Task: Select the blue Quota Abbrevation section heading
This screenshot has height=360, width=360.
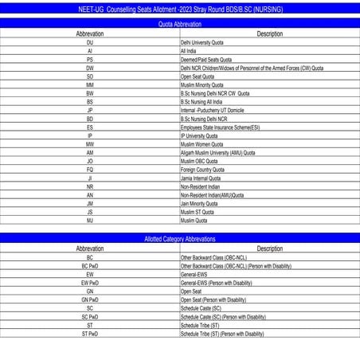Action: pyautogui.click(x=180, y=25)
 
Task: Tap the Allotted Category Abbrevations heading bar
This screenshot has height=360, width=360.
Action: pyautogui.click(x=180, y=239)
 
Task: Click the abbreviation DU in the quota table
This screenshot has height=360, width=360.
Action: pyautogui.click(x=90, y=42)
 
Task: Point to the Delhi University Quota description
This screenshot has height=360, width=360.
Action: pyautogui.click(x=202, y=42)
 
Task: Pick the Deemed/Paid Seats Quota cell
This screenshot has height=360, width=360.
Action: pyautogui.click(x=206, y=59)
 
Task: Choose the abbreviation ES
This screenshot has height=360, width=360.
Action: pyautogui.click(x=90, y=127)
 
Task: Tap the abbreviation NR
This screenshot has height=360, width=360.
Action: pyautogui.click(x=90, y=186)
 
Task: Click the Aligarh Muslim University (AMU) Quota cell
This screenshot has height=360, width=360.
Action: pyautogui.click(x=218, y=152)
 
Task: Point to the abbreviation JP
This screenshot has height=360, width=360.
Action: pyautogui.click(x=90, y=110)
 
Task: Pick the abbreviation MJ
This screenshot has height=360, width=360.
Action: pyautogui.click(x=90, y=221)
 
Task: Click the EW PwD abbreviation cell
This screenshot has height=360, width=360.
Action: pyautogui.click(x=90, y=283)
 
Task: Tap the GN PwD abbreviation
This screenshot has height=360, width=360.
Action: pyautogui.click(x=90, y=299)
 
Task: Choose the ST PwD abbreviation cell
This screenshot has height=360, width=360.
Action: pyautogui.click(x=90, y=334)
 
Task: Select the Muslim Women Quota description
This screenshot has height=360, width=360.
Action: pyautogui.click(x=202, y=144)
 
